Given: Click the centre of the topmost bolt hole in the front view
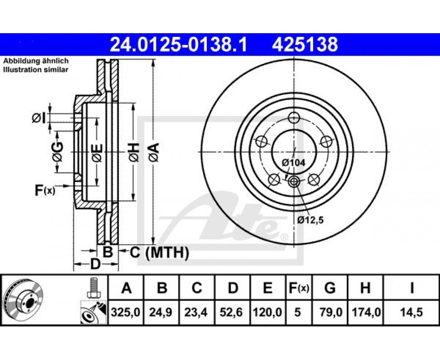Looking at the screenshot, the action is click(294, 117).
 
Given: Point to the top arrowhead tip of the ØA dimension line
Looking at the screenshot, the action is click(153, 60).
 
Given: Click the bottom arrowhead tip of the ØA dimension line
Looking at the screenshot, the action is click(153, 244).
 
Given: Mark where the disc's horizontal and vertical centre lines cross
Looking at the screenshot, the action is click(294, 152).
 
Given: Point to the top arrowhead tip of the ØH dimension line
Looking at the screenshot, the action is click(133, 103).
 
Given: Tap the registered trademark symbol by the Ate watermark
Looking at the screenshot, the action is click(284, 237).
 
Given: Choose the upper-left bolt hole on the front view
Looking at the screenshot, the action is click(262, 141).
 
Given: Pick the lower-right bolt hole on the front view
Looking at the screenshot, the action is click(314, 179).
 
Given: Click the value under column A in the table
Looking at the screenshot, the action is click(126, 312).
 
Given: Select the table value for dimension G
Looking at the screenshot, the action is click(330, 312).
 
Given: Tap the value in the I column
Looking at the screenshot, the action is click(411, 312).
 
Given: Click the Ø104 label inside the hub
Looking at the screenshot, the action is click(294, 163).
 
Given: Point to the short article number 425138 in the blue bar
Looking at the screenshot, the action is click(305, 45).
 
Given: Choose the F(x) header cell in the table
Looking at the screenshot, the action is click(299, 288).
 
